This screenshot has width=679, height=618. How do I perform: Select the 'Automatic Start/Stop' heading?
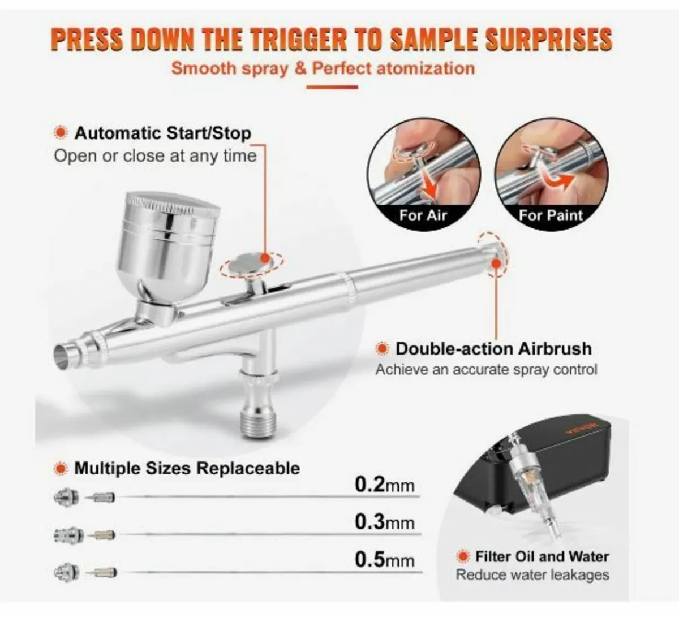(162, 133)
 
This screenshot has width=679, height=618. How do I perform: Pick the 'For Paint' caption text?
(550, 215)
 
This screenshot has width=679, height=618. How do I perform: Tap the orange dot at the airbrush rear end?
(496, 263)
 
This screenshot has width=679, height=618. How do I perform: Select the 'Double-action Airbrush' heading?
(493, 348)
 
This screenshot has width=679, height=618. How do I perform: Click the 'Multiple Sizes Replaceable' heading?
(187, 468)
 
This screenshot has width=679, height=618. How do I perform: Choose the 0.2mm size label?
(385, 485)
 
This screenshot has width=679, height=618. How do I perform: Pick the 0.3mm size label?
(385, 522)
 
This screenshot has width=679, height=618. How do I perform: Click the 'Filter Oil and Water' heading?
(542, 556)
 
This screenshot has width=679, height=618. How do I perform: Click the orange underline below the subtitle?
(332, 87)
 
